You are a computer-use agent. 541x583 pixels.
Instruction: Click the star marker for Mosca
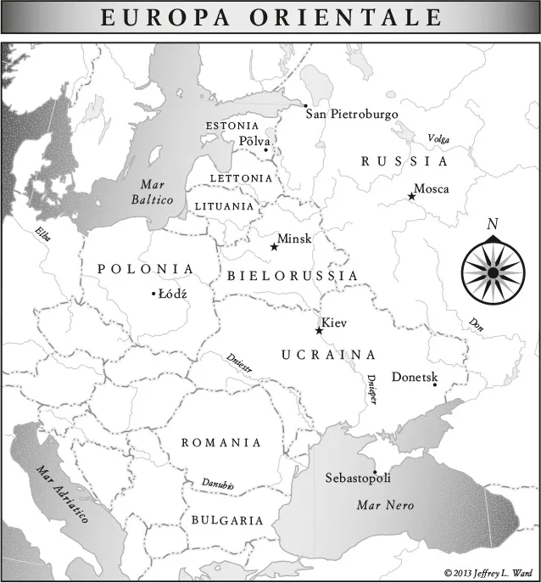[411, 196]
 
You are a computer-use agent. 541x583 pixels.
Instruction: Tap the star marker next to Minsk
[274, 247]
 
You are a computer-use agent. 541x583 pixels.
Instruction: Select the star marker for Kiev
[319, 330]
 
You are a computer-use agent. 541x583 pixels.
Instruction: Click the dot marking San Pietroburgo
[305, 105]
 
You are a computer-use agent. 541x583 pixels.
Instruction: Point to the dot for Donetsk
[434, 384]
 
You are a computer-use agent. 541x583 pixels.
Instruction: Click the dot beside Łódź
[153, 294]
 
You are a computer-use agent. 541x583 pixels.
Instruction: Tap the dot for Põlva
[265, 150]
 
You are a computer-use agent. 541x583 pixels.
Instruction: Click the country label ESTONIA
[232, 126]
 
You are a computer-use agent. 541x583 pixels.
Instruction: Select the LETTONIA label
[241, 178]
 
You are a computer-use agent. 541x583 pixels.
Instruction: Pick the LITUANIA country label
[224, 205]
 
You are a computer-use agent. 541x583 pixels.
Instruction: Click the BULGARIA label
[227, 520]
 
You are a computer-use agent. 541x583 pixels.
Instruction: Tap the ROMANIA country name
[221, 443]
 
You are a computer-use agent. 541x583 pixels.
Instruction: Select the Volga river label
[438, 138]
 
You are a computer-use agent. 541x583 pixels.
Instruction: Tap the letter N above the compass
[492, 224]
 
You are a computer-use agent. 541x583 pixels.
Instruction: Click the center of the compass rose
[493, 273]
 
